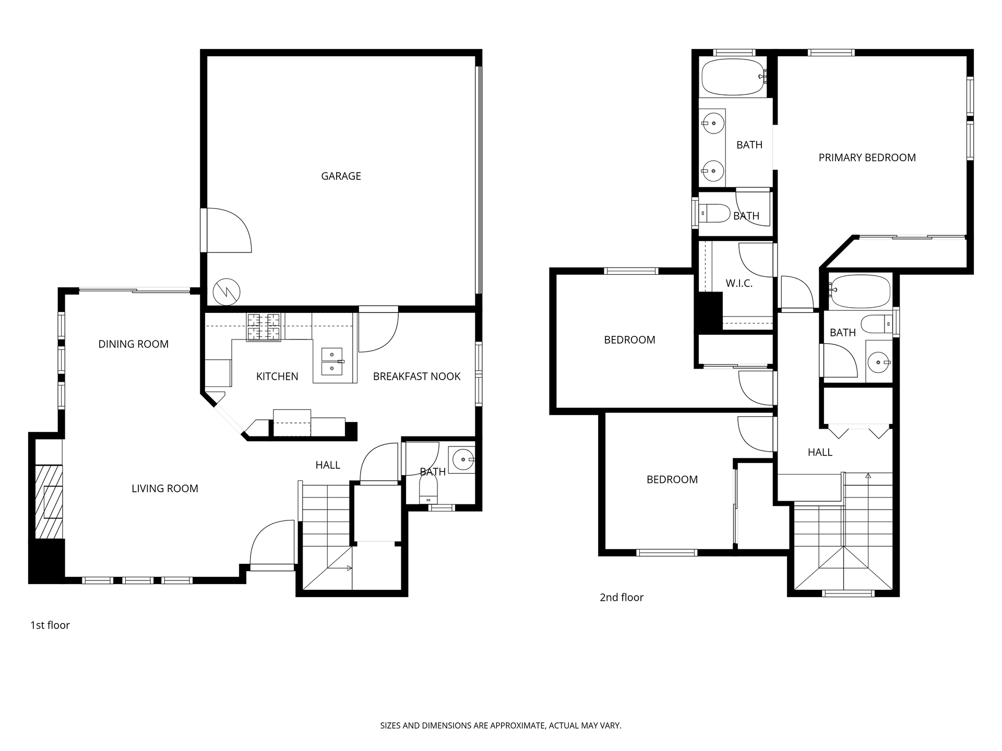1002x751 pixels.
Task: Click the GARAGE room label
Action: [341, 176]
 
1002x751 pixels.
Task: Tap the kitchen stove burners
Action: [264, 327]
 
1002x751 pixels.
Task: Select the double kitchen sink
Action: [332, 361]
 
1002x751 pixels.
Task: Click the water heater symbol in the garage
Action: [227, 292]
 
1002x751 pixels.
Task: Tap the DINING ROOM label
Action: [134, 344]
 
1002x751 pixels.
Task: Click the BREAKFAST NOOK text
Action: [417, 377]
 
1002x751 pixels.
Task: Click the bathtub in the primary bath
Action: [733, 77]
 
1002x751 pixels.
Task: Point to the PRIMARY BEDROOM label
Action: [867, 158]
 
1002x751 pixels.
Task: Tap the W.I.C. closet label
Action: [739, 284]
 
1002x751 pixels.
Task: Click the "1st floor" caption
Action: [50, 625]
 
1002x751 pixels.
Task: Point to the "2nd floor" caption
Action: [622, 598]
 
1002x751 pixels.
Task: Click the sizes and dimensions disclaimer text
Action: [501, 725]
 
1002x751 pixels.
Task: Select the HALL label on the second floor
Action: [820, 453]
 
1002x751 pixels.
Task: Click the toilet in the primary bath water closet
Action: [714, 213]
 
